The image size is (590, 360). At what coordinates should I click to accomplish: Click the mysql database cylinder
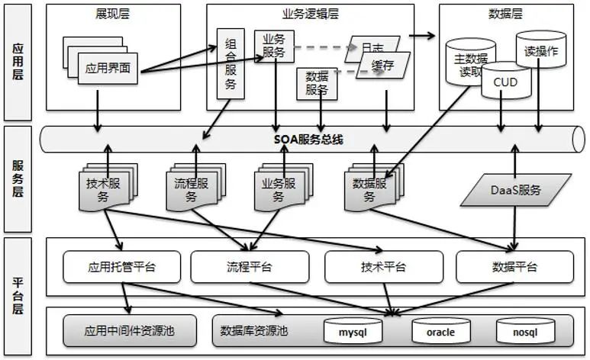tap(353, 331)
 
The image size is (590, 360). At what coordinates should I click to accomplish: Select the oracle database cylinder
tap(440, 331)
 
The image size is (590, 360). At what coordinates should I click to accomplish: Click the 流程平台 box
tap(250, 267)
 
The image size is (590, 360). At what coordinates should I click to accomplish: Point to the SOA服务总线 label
tap(308, 140)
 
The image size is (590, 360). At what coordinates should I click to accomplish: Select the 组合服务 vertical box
tap(231, 64)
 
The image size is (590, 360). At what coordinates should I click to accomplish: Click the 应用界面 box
tap(108, 68)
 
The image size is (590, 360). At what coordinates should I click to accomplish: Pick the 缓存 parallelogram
tap(383, 66)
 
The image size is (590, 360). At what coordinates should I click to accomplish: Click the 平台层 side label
tap(18, 295)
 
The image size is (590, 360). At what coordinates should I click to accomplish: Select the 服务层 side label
tap(18, 180)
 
